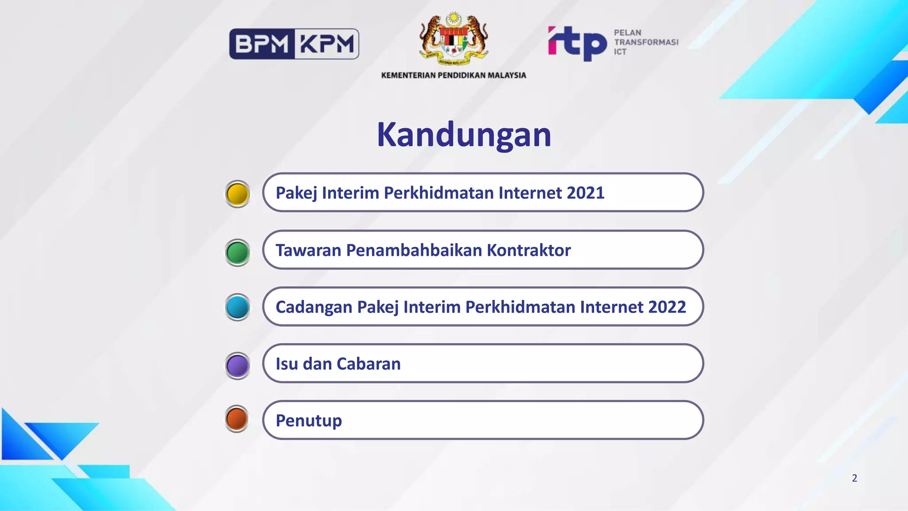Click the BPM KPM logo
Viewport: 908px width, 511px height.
[294, 44]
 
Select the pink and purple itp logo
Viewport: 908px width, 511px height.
[577, 43]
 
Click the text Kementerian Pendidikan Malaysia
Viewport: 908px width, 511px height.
[454, 75]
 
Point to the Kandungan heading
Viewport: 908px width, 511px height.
[464, 134]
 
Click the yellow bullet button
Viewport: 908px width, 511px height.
[238, 194]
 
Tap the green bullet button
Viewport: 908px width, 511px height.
[238, 252]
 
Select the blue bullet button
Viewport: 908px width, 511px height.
[238, 307]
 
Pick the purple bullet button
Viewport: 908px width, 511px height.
[238, 366]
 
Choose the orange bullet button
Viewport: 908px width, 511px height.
[237, 419]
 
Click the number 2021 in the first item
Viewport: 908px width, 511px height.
[585, 193]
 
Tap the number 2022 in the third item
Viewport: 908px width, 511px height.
[667, 307]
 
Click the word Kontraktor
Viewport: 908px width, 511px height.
[528, 250]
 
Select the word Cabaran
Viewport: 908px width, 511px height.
[368, 364]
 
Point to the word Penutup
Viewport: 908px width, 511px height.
[309, 421]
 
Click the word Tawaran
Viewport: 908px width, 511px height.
[309, 250]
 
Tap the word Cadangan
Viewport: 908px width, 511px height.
[314, 307]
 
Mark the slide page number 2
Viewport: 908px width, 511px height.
[854, 478]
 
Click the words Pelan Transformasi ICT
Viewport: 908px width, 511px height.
[646, 42]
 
